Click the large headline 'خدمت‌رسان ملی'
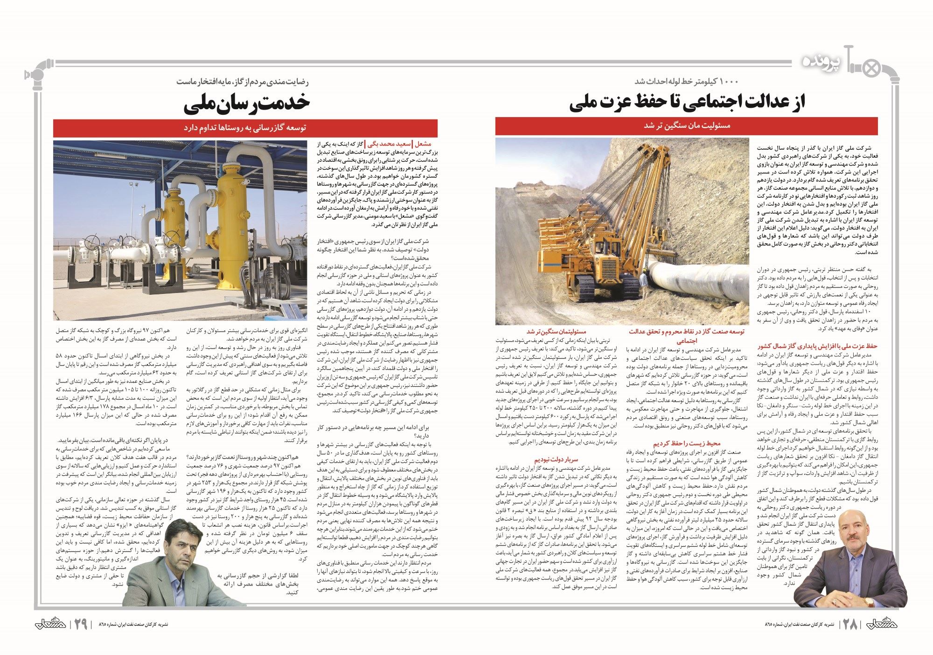coord(247,104)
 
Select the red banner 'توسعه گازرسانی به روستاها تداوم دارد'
coord(245,128)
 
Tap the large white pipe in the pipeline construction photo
coord(700,285)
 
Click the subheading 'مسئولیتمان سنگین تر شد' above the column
coord(556,332)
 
